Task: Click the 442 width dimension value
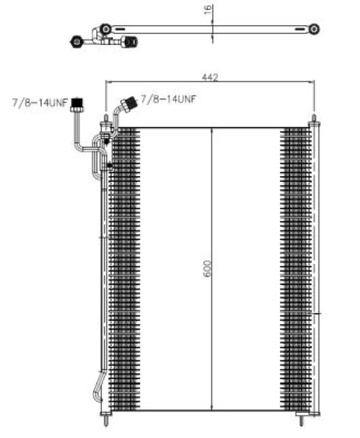[210, 77]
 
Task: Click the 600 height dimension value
[207, 269]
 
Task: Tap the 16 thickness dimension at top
[208, 10]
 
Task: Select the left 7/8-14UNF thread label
[40, 103]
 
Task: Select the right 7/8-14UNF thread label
[169, 99]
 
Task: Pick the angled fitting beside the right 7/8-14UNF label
[129, 104]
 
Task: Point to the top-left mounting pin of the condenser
[106, 119]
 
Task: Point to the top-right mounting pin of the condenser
[313, 118]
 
